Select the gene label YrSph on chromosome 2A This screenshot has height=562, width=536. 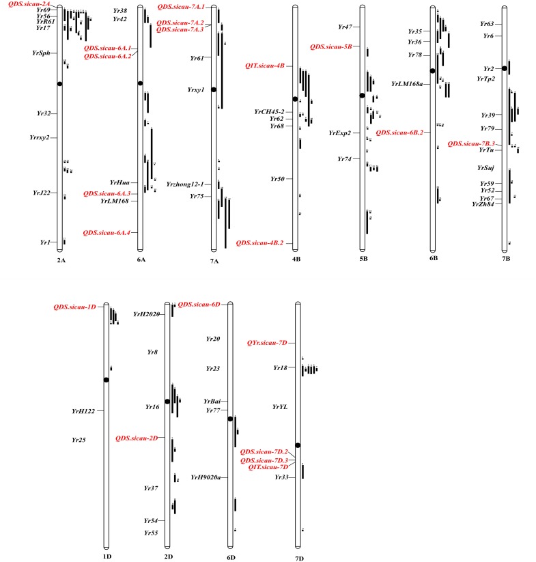41,53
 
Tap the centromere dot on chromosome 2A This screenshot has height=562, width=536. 60,83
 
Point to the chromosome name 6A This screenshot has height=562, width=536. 141,259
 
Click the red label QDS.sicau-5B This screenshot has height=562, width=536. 330,47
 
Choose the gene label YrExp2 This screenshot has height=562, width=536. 339,133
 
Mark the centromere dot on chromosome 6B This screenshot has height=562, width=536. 433,71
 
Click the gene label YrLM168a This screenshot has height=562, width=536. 407,85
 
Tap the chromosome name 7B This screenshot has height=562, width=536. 505,259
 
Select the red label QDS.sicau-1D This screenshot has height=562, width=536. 75,307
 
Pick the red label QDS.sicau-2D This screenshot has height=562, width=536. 137,438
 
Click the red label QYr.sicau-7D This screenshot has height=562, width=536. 266,342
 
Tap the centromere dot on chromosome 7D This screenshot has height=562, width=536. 298,445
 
